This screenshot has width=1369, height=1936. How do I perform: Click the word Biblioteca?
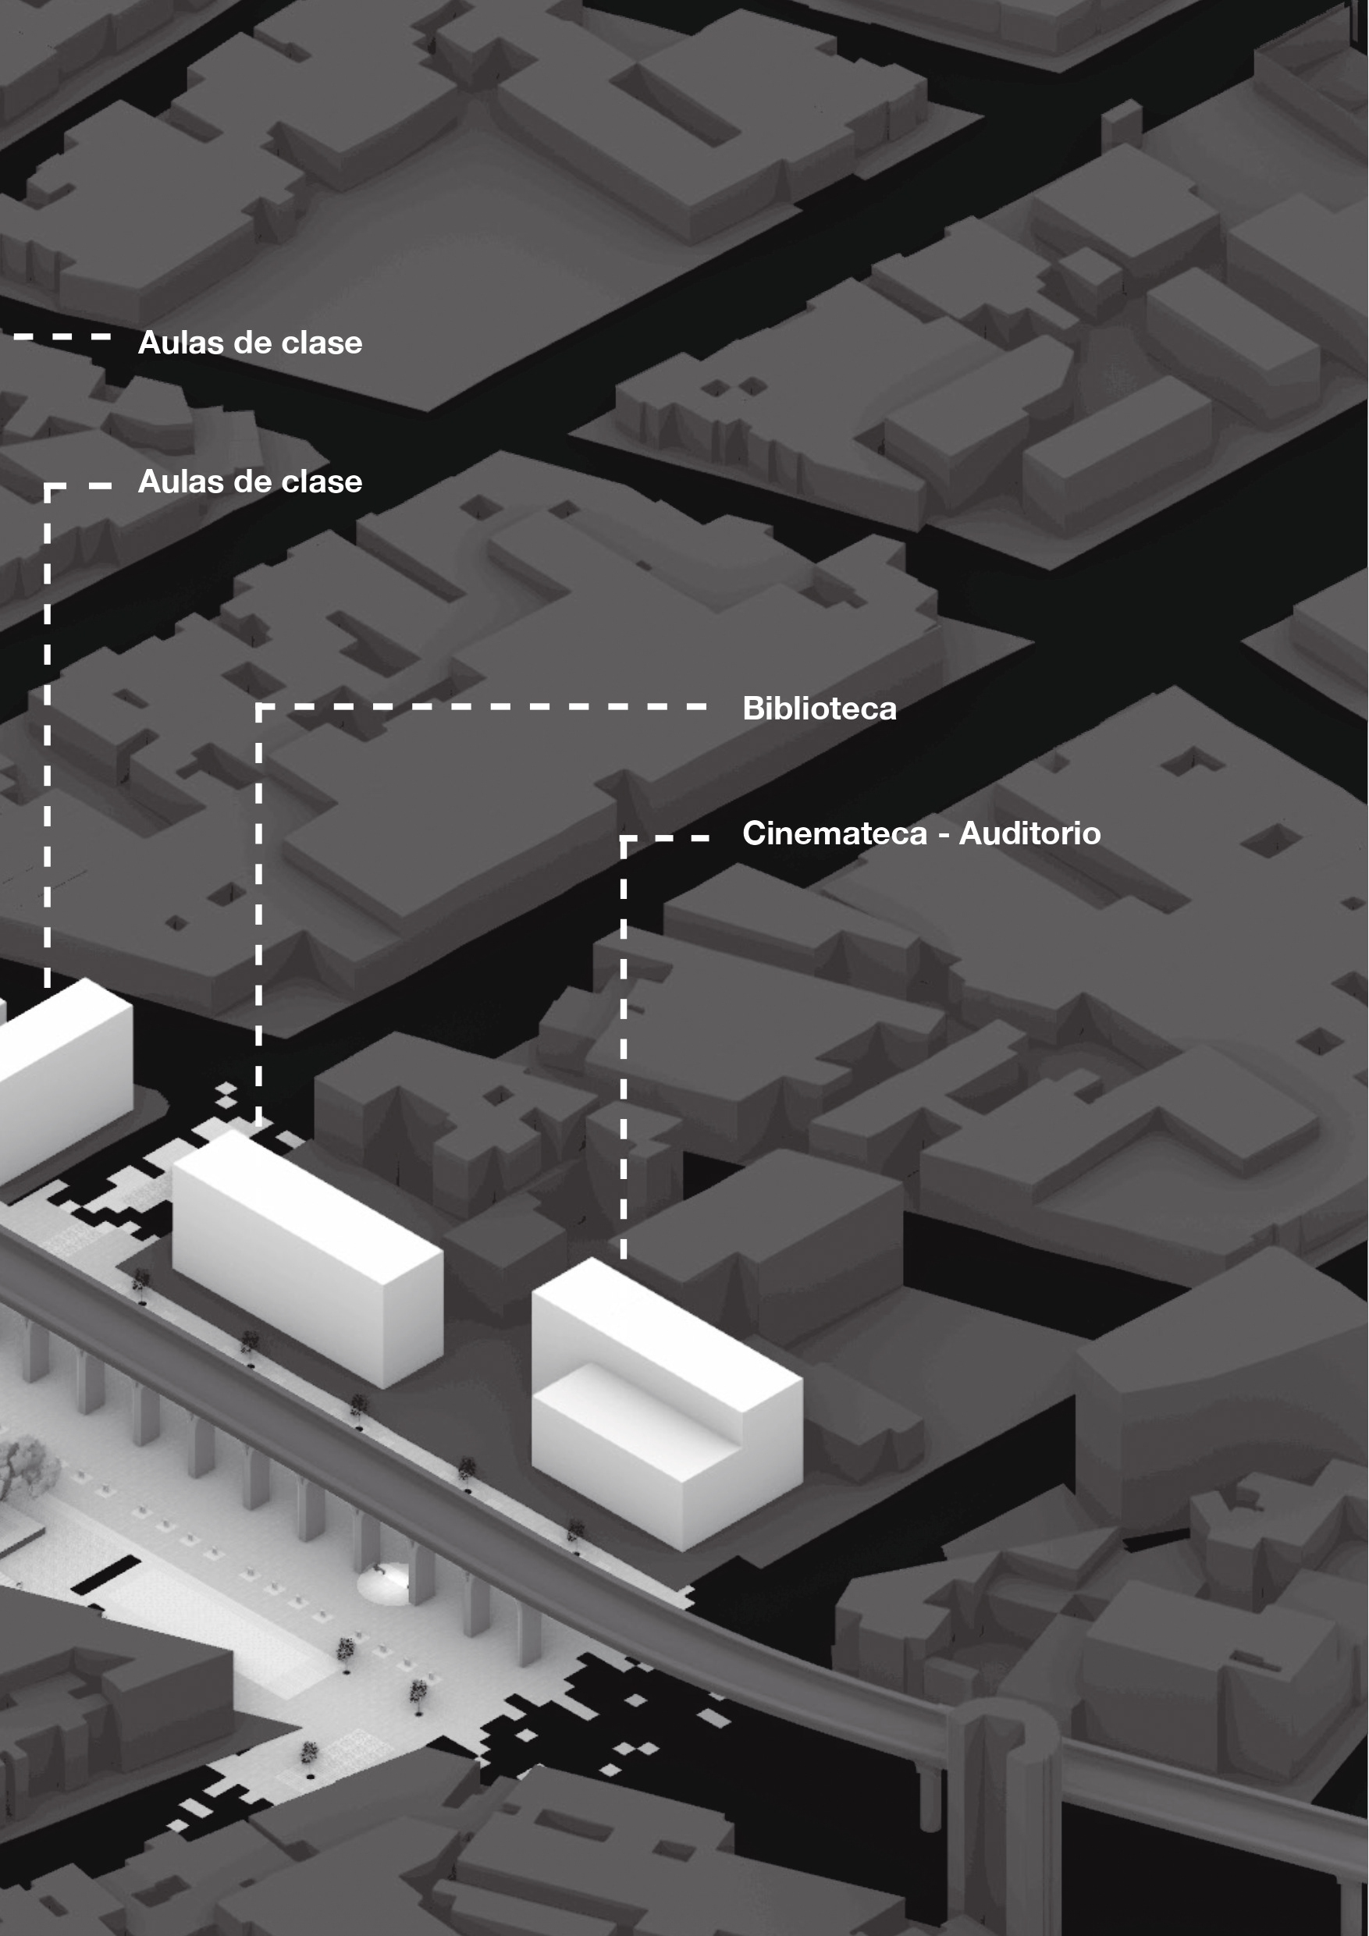818,709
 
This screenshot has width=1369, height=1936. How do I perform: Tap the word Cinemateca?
834,833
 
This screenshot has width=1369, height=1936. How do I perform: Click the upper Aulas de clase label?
250,343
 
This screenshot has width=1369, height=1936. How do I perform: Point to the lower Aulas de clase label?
250,481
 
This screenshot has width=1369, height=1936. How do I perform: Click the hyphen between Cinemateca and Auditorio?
943,835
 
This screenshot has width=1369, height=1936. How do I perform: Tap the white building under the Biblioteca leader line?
308,1256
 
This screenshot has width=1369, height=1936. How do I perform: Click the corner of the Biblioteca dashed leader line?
260,707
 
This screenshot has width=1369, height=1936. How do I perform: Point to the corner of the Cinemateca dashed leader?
624,839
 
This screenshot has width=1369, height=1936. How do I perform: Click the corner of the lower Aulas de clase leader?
48,486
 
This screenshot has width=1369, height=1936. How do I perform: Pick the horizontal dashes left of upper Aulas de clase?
62,336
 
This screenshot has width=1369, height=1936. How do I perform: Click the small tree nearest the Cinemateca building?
575,1529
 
